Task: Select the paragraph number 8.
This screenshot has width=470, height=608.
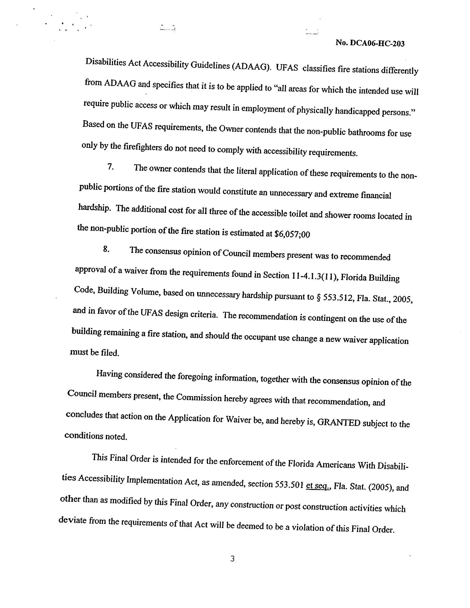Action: click(x=106, y=249)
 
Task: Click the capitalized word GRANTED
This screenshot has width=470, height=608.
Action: click(x=339, y=422)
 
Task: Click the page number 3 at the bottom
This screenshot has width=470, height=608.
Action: click(x=233, y=559)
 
